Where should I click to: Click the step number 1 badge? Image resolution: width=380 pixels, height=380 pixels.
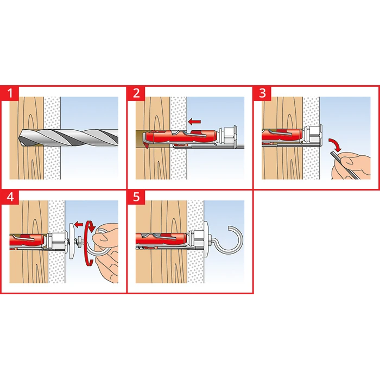coord(10,93)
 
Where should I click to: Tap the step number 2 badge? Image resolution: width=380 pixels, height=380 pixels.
coord(136,93)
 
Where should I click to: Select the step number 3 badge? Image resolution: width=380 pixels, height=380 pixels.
coord(262,93)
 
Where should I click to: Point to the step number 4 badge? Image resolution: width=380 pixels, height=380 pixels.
coord(10,197)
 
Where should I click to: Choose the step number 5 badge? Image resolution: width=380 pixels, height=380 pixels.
coord(136,197)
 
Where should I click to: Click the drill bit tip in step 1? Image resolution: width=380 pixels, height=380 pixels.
coord(19,138)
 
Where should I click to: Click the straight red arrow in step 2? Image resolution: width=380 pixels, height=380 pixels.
coord(194,122)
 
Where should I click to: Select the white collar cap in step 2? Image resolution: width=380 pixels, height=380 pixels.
coord(228,136)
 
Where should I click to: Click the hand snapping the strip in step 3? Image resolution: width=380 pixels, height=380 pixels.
coord(351,166)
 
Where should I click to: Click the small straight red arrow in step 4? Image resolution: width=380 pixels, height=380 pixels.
coord(79,224)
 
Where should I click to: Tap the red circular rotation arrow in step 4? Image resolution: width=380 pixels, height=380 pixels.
coord(85,245)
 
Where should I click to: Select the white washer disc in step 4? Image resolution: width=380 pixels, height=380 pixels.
coord(72,241)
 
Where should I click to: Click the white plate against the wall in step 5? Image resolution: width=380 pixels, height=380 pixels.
coord(206,240)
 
